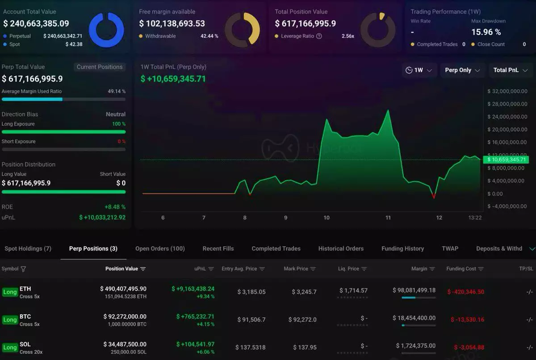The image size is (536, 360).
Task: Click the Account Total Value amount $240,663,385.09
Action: [36, 24]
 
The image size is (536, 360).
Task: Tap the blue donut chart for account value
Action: [106, 30]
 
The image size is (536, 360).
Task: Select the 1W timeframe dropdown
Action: [419, 70]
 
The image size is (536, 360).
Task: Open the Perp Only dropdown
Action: [462, 70]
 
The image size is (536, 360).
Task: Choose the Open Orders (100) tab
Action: [160, 248]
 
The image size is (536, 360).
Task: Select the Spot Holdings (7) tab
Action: [28, 248]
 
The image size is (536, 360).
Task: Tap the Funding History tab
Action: [402, 248]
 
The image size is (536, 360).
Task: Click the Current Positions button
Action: [99, 67]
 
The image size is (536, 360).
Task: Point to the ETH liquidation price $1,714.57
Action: [353, 290]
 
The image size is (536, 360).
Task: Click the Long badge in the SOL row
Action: [10, 347]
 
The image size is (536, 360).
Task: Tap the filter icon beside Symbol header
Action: [23, 269]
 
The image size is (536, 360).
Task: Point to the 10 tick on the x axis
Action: [327, 218]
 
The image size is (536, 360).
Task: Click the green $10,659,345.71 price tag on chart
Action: [507, 159]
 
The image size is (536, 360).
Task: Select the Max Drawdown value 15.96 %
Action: [486, 32]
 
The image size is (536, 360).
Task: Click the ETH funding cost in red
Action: [465, 292]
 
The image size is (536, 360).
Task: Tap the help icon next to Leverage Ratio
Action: [319, 36]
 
